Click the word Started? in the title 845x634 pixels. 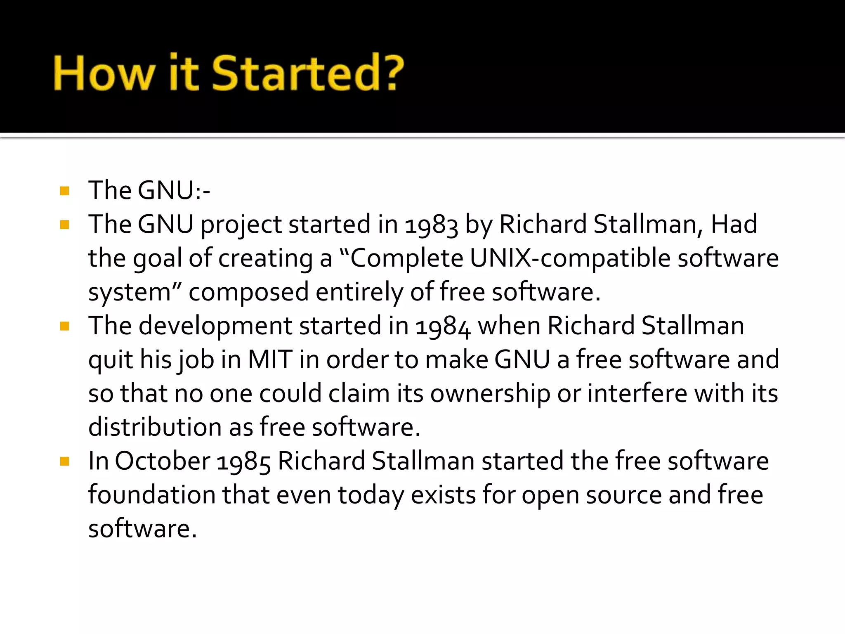[x=307, y=73]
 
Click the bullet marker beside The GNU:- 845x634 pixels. [x=64, y=191]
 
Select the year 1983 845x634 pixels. [x=431, y=225]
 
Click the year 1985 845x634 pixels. [x=243, y=462]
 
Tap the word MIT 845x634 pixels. [x=270, y=360]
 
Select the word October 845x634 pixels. [x=163, y=461]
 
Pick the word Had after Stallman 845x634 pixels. [x=734, y=225]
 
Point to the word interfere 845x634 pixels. [x=637, y=393]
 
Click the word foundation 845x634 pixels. [x=152, y=495]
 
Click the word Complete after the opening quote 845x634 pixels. [x=407, y=259]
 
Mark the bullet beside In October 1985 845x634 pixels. [x=64, y=461]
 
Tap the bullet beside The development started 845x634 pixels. [x=64, y=326]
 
